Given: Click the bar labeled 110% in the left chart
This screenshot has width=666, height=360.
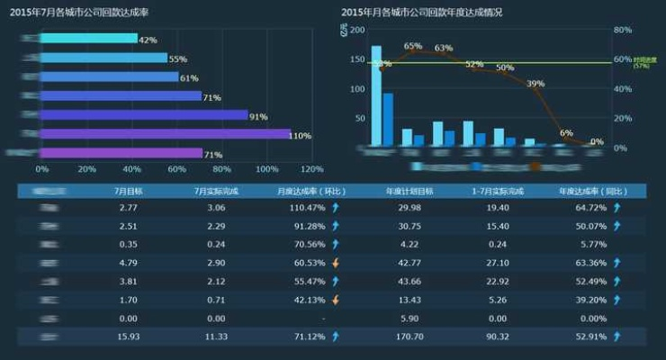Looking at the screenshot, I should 166,134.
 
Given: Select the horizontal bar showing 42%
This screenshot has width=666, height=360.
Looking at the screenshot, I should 90,39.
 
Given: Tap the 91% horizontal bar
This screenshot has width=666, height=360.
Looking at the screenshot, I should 144,115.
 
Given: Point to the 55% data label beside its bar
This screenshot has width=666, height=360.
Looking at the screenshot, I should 177,58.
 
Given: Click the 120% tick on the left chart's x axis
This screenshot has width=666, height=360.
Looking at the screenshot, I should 311,168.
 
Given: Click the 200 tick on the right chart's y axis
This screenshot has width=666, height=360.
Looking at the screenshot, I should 357,30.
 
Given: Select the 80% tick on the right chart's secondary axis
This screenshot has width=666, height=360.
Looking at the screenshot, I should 622,30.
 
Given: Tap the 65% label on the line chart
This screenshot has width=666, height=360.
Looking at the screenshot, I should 413,46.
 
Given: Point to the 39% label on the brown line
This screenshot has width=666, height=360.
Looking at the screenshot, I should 535,84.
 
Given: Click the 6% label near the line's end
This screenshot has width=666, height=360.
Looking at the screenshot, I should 566,132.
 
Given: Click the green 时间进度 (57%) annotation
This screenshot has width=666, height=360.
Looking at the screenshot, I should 642,62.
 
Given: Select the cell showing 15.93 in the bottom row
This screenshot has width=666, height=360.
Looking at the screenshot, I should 129,337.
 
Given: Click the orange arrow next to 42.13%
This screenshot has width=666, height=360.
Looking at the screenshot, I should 336,300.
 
